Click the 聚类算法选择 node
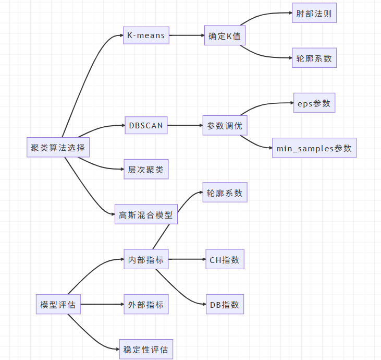pos(57,148)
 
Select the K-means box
pos(146,35)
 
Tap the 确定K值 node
pos(224,36)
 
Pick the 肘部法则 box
pos(314,14)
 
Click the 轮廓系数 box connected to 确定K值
pos(314,58)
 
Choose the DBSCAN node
pos(146,125)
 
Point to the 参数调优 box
pos(224,126)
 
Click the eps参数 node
pos(314,103)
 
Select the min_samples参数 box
pos(314,148)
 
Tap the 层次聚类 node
pos(146,170)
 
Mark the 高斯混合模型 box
pos(146,214)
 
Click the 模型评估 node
pos(58,305)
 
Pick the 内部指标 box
pos(146,259)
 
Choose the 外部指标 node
pos(146,305)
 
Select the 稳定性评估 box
pos(146,349)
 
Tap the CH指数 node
pos(224,259)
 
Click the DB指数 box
pos(224,304)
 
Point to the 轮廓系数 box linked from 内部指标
pos(224,193)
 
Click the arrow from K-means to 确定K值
pos(186,35)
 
